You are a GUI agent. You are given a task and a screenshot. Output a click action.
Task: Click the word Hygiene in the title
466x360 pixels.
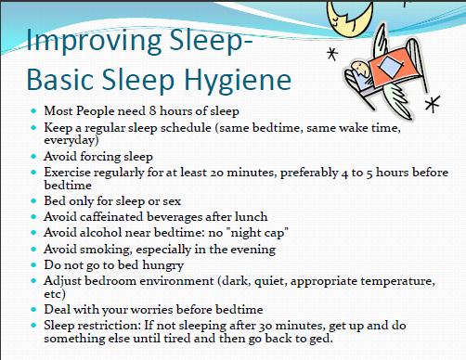point(238,81)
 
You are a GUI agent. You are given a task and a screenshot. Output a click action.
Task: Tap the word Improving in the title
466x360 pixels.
point(94,41)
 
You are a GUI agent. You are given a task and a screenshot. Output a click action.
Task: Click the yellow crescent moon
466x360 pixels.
point(350,17)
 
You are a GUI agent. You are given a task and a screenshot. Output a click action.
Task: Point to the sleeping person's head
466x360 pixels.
point(359,69)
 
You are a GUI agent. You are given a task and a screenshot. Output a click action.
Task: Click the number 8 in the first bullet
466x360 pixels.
point(152,110)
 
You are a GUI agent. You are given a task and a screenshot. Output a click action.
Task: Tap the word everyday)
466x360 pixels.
point(71,140)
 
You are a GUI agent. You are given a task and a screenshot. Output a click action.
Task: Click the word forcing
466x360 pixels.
point(100,157)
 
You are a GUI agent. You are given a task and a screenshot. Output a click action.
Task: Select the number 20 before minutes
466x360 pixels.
point(216,173)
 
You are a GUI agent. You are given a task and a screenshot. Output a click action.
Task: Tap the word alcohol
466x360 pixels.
point(100,232)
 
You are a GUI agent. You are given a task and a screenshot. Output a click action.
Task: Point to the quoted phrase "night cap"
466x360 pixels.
point(259,233)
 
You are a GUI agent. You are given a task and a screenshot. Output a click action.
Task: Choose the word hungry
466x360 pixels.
point(163,265)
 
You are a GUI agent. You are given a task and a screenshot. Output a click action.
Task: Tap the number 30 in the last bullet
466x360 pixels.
point(265,326)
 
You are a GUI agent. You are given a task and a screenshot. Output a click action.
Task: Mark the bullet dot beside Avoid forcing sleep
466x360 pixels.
point(33,157)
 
